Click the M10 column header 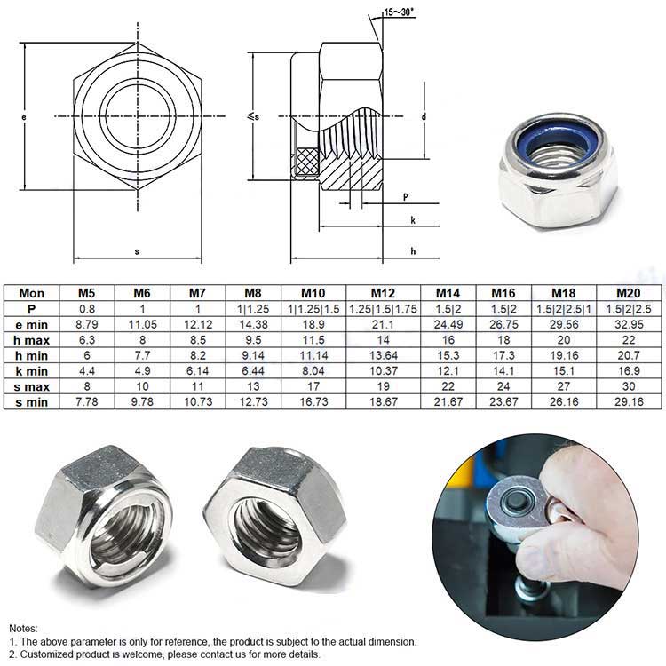pos(313,293)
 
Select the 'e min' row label pos(31,325)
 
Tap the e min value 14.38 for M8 pos(253,324)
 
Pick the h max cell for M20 pos(629,340)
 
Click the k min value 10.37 pos(383,371)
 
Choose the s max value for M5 pos(87,386)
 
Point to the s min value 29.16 pos(629,401)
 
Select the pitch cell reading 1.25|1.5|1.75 pos(383,309)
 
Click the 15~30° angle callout pos(399,12)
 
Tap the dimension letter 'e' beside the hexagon pos(24,117)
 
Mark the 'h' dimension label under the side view pos(413,251)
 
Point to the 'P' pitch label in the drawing pos(406,197)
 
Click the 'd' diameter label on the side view pos(424,116)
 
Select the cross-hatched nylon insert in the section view pos(307,161)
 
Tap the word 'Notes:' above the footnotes pos(23,628)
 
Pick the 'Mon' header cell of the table pos(31,293)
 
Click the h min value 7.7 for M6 pos(142,355)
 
